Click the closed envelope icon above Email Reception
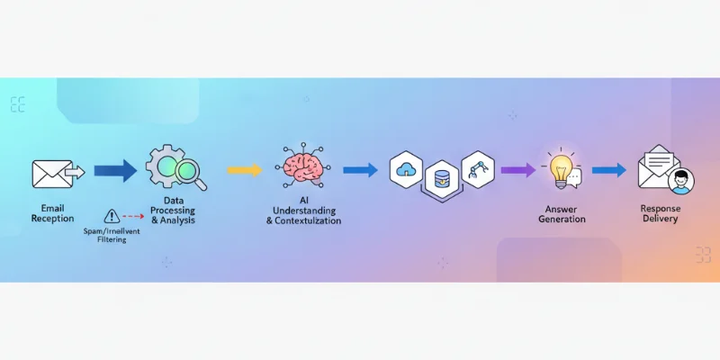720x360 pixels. coord(52,173)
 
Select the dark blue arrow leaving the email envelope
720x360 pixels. coord(115,169)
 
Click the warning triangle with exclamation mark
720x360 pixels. coord(112,216)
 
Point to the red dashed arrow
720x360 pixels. coord(135,216)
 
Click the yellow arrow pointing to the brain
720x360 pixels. coord(244,169)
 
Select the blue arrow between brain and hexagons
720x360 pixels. coord(360,169)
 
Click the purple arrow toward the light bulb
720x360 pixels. coord(517,169)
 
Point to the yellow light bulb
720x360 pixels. coord(561,166)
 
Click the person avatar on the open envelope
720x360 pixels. coord(680,182)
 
